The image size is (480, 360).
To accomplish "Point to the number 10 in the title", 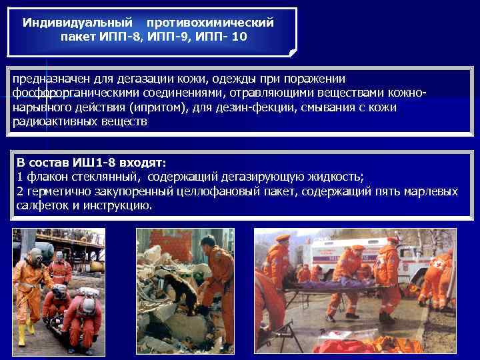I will pos(238,37).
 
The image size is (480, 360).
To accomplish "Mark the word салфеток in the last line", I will pos(39,205).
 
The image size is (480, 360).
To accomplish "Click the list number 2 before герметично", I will pos(20,191).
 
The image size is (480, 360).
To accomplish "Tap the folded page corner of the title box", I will pos(291,50).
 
